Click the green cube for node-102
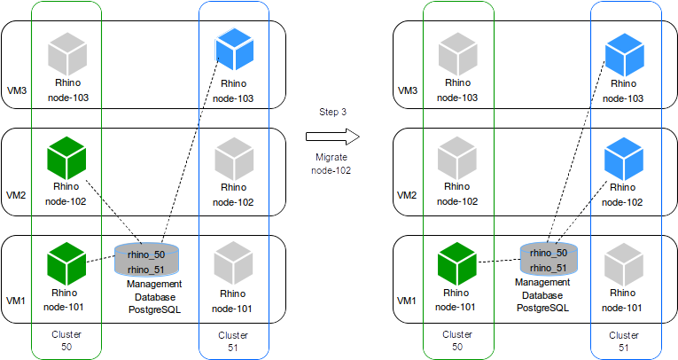click(67, 159)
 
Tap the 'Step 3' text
click(332, 112)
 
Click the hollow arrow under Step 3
click(332, 137)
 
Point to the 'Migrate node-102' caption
click(332, 162)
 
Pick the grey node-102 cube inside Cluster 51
click(233, 159)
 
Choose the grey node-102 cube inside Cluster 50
click(456, 159)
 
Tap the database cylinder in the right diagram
click(548, 260)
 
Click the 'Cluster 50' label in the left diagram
click(67, 341)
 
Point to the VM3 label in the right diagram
click(407, 90)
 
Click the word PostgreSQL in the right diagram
click(542, 307)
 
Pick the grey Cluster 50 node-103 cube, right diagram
click(456, 54)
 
